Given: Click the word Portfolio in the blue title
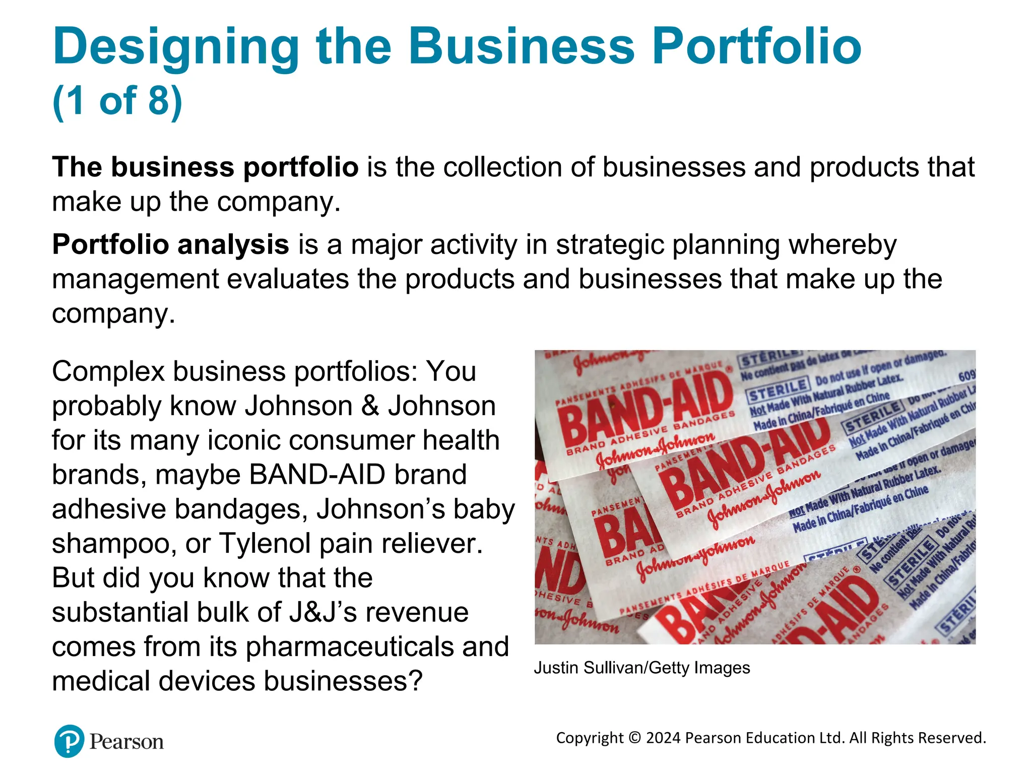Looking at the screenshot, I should (x=756, y=46).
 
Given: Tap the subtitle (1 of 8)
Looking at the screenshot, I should (x=117, y=100).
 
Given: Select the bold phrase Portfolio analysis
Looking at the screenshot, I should (x=170, y=245).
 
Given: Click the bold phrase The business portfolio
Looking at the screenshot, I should (x=205, y=167).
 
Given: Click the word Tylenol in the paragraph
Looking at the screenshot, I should (x=267, y=543).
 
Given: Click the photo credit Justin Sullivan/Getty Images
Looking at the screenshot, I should (x=641, y=668).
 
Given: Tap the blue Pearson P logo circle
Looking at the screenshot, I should (x=69, y=741).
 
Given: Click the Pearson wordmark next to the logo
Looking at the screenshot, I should (x=126, y=742).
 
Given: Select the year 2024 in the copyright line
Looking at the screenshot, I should (x=664, y=738).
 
